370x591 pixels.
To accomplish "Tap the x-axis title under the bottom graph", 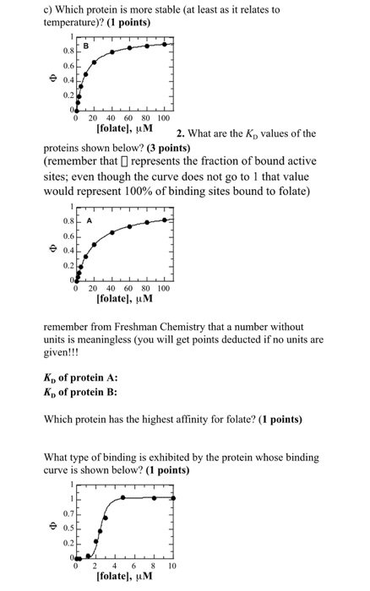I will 124,578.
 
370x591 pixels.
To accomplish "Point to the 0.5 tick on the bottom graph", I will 63,526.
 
